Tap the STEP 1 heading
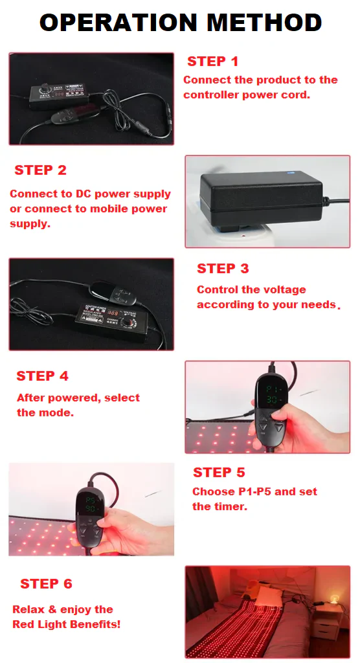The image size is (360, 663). click(213, 62)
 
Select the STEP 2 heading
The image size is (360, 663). click(41, 170)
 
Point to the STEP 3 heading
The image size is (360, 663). click(223, 269)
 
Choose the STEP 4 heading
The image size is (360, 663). click(42, 376)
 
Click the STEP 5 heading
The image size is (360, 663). click(219, 472)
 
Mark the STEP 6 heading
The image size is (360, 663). click(46, 584)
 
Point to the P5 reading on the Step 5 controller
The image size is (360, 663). click(91, 500)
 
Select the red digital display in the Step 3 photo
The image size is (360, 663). click(112, 314)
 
